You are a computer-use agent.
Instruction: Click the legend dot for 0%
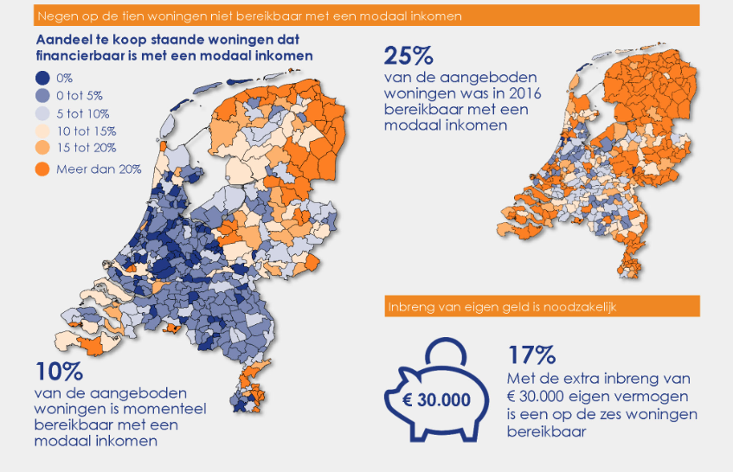[42, 78]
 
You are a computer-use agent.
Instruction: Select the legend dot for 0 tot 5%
[42, 95]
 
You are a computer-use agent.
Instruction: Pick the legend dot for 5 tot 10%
[42, 113]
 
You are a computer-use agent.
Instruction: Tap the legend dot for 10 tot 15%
[42, 131]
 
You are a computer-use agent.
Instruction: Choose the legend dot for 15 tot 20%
[42, 148]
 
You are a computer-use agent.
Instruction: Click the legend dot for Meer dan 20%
[42, 169]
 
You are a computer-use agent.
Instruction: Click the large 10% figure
[58, 372]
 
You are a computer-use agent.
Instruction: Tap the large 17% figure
[531, 355]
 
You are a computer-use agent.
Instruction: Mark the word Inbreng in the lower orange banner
[410, 306]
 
